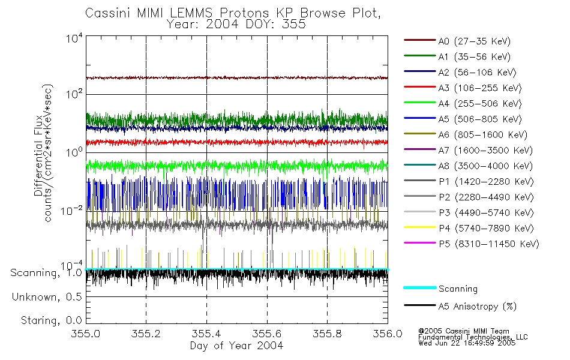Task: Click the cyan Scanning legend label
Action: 458,289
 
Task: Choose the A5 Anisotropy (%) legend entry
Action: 477,307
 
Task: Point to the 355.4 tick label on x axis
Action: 207,334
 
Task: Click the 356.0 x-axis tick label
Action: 388,334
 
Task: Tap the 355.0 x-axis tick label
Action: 86,334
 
